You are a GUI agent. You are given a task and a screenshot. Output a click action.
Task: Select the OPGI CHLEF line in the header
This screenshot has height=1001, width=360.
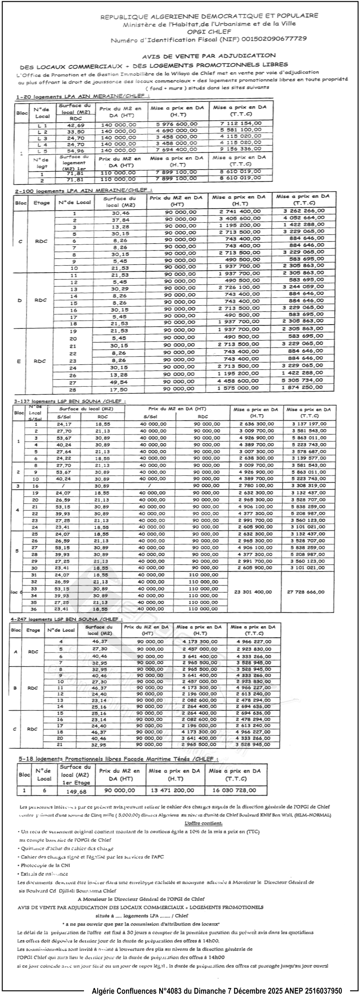point(209,31)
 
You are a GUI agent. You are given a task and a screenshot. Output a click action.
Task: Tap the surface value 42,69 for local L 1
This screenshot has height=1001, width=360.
point(76,126)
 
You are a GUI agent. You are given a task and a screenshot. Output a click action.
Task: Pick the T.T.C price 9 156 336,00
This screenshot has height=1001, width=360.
point(241,149)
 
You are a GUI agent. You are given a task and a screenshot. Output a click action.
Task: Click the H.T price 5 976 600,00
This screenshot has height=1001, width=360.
point(177,124)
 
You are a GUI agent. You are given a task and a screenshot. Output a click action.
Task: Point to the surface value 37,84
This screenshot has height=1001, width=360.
point(121,220)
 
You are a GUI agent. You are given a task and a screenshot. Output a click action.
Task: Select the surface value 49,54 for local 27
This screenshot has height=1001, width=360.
point(119,383)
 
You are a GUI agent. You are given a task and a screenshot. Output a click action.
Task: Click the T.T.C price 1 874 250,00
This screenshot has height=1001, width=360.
point(302,387)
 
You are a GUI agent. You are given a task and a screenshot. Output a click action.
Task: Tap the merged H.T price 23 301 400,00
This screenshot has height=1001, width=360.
point(253,592)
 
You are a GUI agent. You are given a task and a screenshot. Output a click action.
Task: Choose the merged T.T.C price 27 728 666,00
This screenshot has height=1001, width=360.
point(305,592)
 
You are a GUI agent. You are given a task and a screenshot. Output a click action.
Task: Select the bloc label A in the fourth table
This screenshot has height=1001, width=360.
point(16,652)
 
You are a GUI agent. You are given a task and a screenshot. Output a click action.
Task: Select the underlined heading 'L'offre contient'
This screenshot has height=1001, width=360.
point(203,823)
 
